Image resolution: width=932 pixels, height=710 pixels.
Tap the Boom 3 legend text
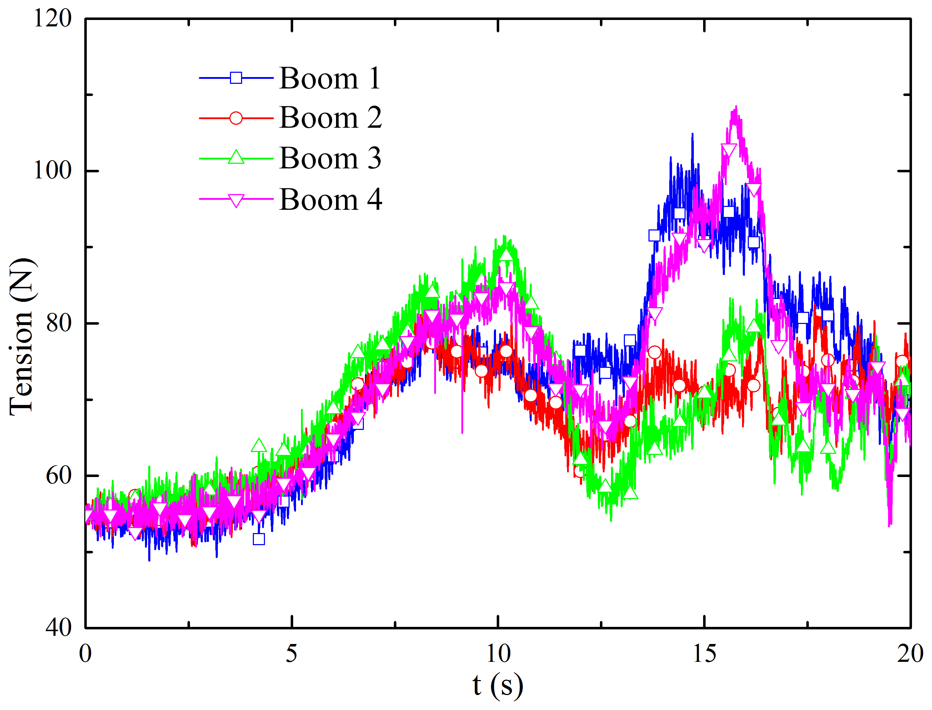[330, 158]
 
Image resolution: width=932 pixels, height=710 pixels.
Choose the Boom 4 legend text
[331, 199]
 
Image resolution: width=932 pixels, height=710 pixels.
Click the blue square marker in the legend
[236, 78]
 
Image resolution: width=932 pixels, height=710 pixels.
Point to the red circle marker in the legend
[236, 118]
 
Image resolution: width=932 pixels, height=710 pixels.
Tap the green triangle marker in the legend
[236, 158]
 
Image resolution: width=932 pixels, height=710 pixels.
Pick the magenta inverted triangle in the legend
[236, 200]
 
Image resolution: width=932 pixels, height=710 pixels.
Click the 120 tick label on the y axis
[52, 19]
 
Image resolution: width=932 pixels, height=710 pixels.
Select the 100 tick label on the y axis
[52, 171]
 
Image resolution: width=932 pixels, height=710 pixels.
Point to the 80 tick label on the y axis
[58, 323]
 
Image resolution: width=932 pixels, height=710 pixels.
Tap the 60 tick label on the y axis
[58, 476]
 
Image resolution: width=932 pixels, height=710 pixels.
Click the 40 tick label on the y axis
[58, 628]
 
